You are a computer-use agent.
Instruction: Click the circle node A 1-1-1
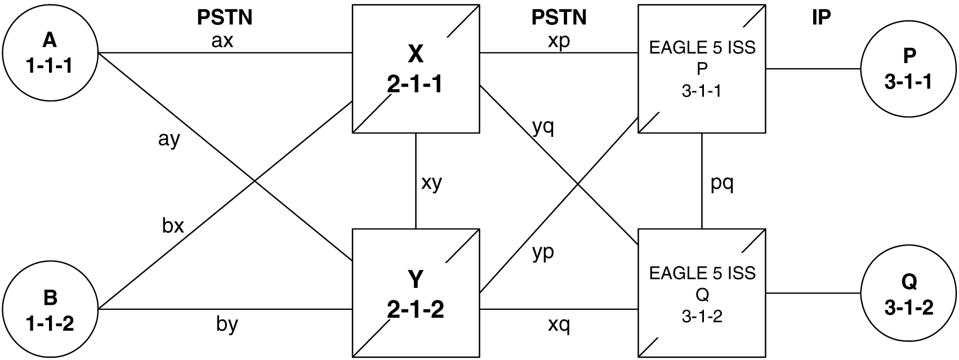pyautogui.click(x=50, y=53)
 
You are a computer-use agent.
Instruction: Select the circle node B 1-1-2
pyautogui.click(x=50, y=309)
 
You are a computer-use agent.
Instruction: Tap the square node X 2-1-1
pyautogui.click(x=416, y=69)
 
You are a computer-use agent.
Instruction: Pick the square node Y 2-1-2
pyautogui.click(x=416, y=293)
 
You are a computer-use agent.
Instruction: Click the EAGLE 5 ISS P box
pyautogui.click(x=702, y=69)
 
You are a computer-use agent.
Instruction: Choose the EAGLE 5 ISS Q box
pyautogui.click(x=702, y=293)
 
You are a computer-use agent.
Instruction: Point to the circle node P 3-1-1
pyautogui.click(x=908, y=69)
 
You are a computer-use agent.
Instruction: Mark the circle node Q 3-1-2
pyautogui.click(x=908, y=294)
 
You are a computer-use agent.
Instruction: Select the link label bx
pyautogui.click(x=173, y=225)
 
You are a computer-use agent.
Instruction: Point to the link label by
pyautogui.click(x=227, y=325)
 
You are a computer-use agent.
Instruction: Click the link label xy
pyautogui.click(x=431, y=183)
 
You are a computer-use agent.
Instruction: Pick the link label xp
pyautogui.click(x=559, y=42)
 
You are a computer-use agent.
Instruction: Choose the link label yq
pyautogui.click(x=543, y=128)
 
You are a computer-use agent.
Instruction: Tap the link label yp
pyautogui.click(x=543, y=252)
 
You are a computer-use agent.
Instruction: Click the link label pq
pyautogui.click(x=721, y=184)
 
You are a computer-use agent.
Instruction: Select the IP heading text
pyautogui.click(x=821, y=18)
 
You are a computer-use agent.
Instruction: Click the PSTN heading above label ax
pyautogui.click(x=224, y=18)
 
